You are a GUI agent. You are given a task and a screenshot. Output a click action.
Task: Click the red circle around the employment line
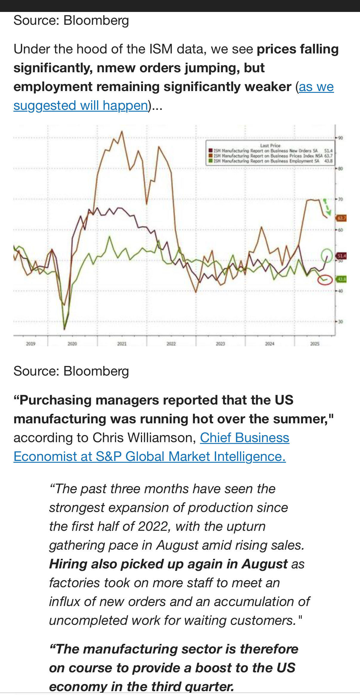tap(325, 280)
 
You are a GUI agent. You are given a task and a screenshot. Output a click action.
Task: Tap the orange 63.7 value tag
tap(341, 218)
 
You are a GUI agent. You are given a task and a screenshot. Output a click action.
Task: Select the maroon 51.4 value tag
tap(341, 256)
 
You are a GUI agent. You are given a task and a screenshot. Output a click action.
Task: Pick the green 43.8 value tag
tap(341, 279)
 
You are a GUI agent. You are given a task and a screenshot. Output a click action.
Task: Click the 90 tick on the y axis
tap(340, 138)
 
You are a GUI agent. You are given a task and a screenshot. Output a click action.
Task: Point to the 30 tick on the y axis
tap(340, 322)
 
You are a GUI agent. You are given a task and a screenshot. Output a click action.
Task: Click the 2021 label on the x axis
tap(122, 344)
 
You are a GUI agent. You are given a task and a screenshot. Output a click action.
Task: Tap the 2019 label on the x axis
tap(31, 344)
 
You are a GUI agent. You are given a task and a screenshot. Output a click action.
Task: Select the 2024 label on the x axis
tap(270, 344)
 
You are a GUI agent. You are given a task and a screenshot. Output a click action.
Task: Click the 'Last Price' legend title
tap(270, 145)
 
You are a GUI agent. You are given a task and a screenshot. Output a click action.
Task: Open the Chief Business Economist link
tap(244, 438)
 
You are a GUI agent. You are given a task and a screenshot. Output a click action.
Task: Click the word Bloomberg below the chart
tap(96, 371)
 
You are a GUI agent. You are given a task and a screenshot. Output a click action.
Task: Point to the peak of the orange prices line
tap(121, 131)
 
